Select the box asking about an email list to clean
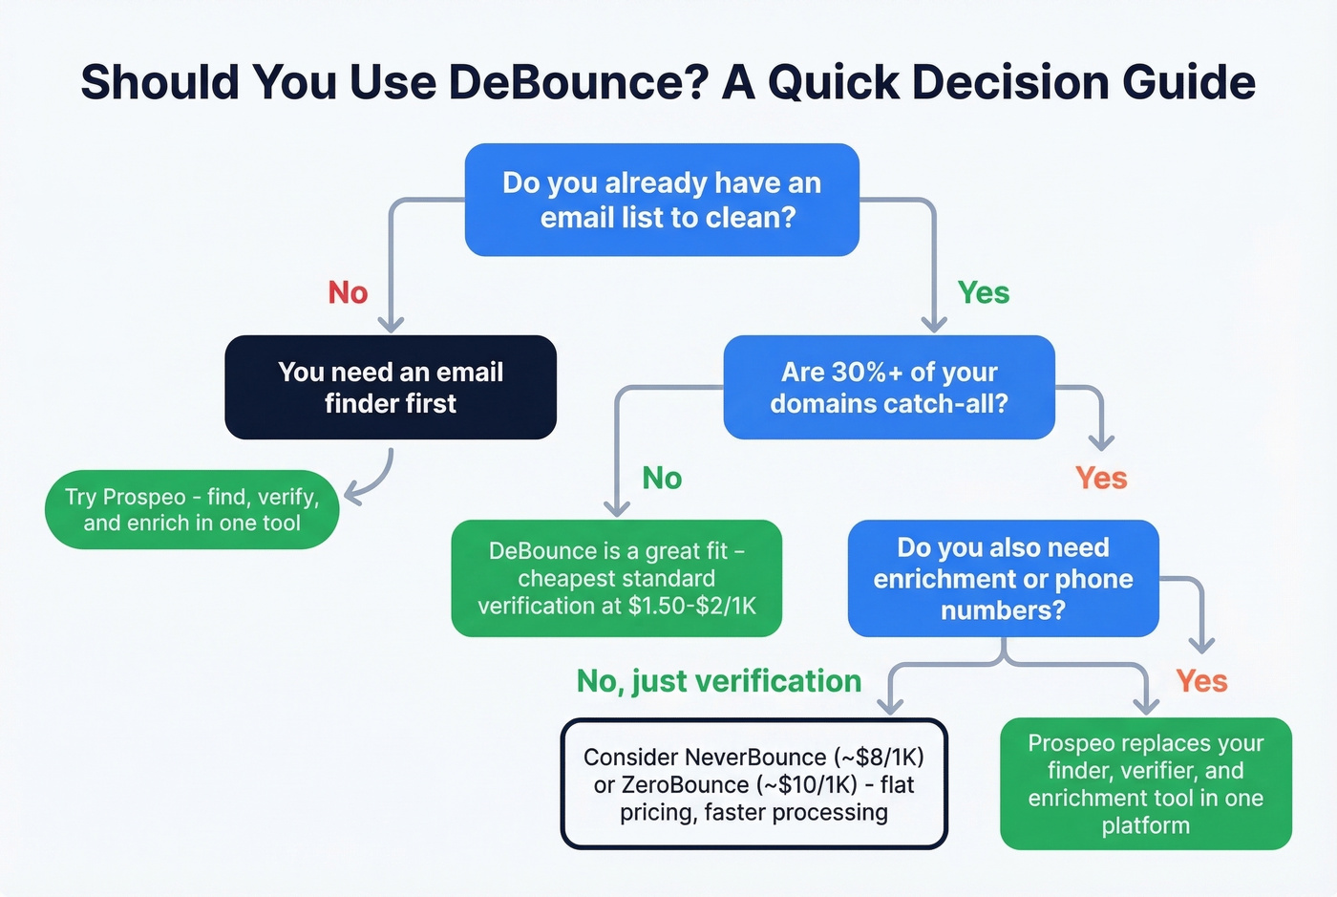click(x=662, y=200)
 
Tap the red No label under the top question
click(x=348, y=292)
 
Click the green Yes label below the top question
click(x=983, y=292)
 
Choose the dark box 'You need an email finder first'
click(x=390, y=387)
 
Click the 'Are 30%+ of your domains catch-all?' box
click(x=888, y=387)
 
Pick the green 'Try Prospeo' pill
click(x=192, y=509)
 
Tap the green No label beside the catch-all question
click(x=662, y=478)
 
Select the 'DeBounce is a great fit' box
click(x=616, y=578)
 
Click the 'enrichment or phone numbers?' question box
click(x=1003, y=578)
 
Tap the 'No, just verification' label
click(x=718, y=681)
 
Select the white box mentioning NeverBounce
click(x=753, y=784)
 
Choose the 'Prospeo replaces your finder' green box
click(x=1145, y=783)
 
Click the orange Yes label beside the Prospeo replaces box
click(x=1201, y=681)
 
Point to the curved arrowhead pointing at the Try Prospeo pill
click(x=352, y=495)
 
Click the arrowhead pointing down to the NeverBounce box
click(x=890, y=706)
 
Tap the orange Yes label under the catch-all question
click(x=1101, y=478)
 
